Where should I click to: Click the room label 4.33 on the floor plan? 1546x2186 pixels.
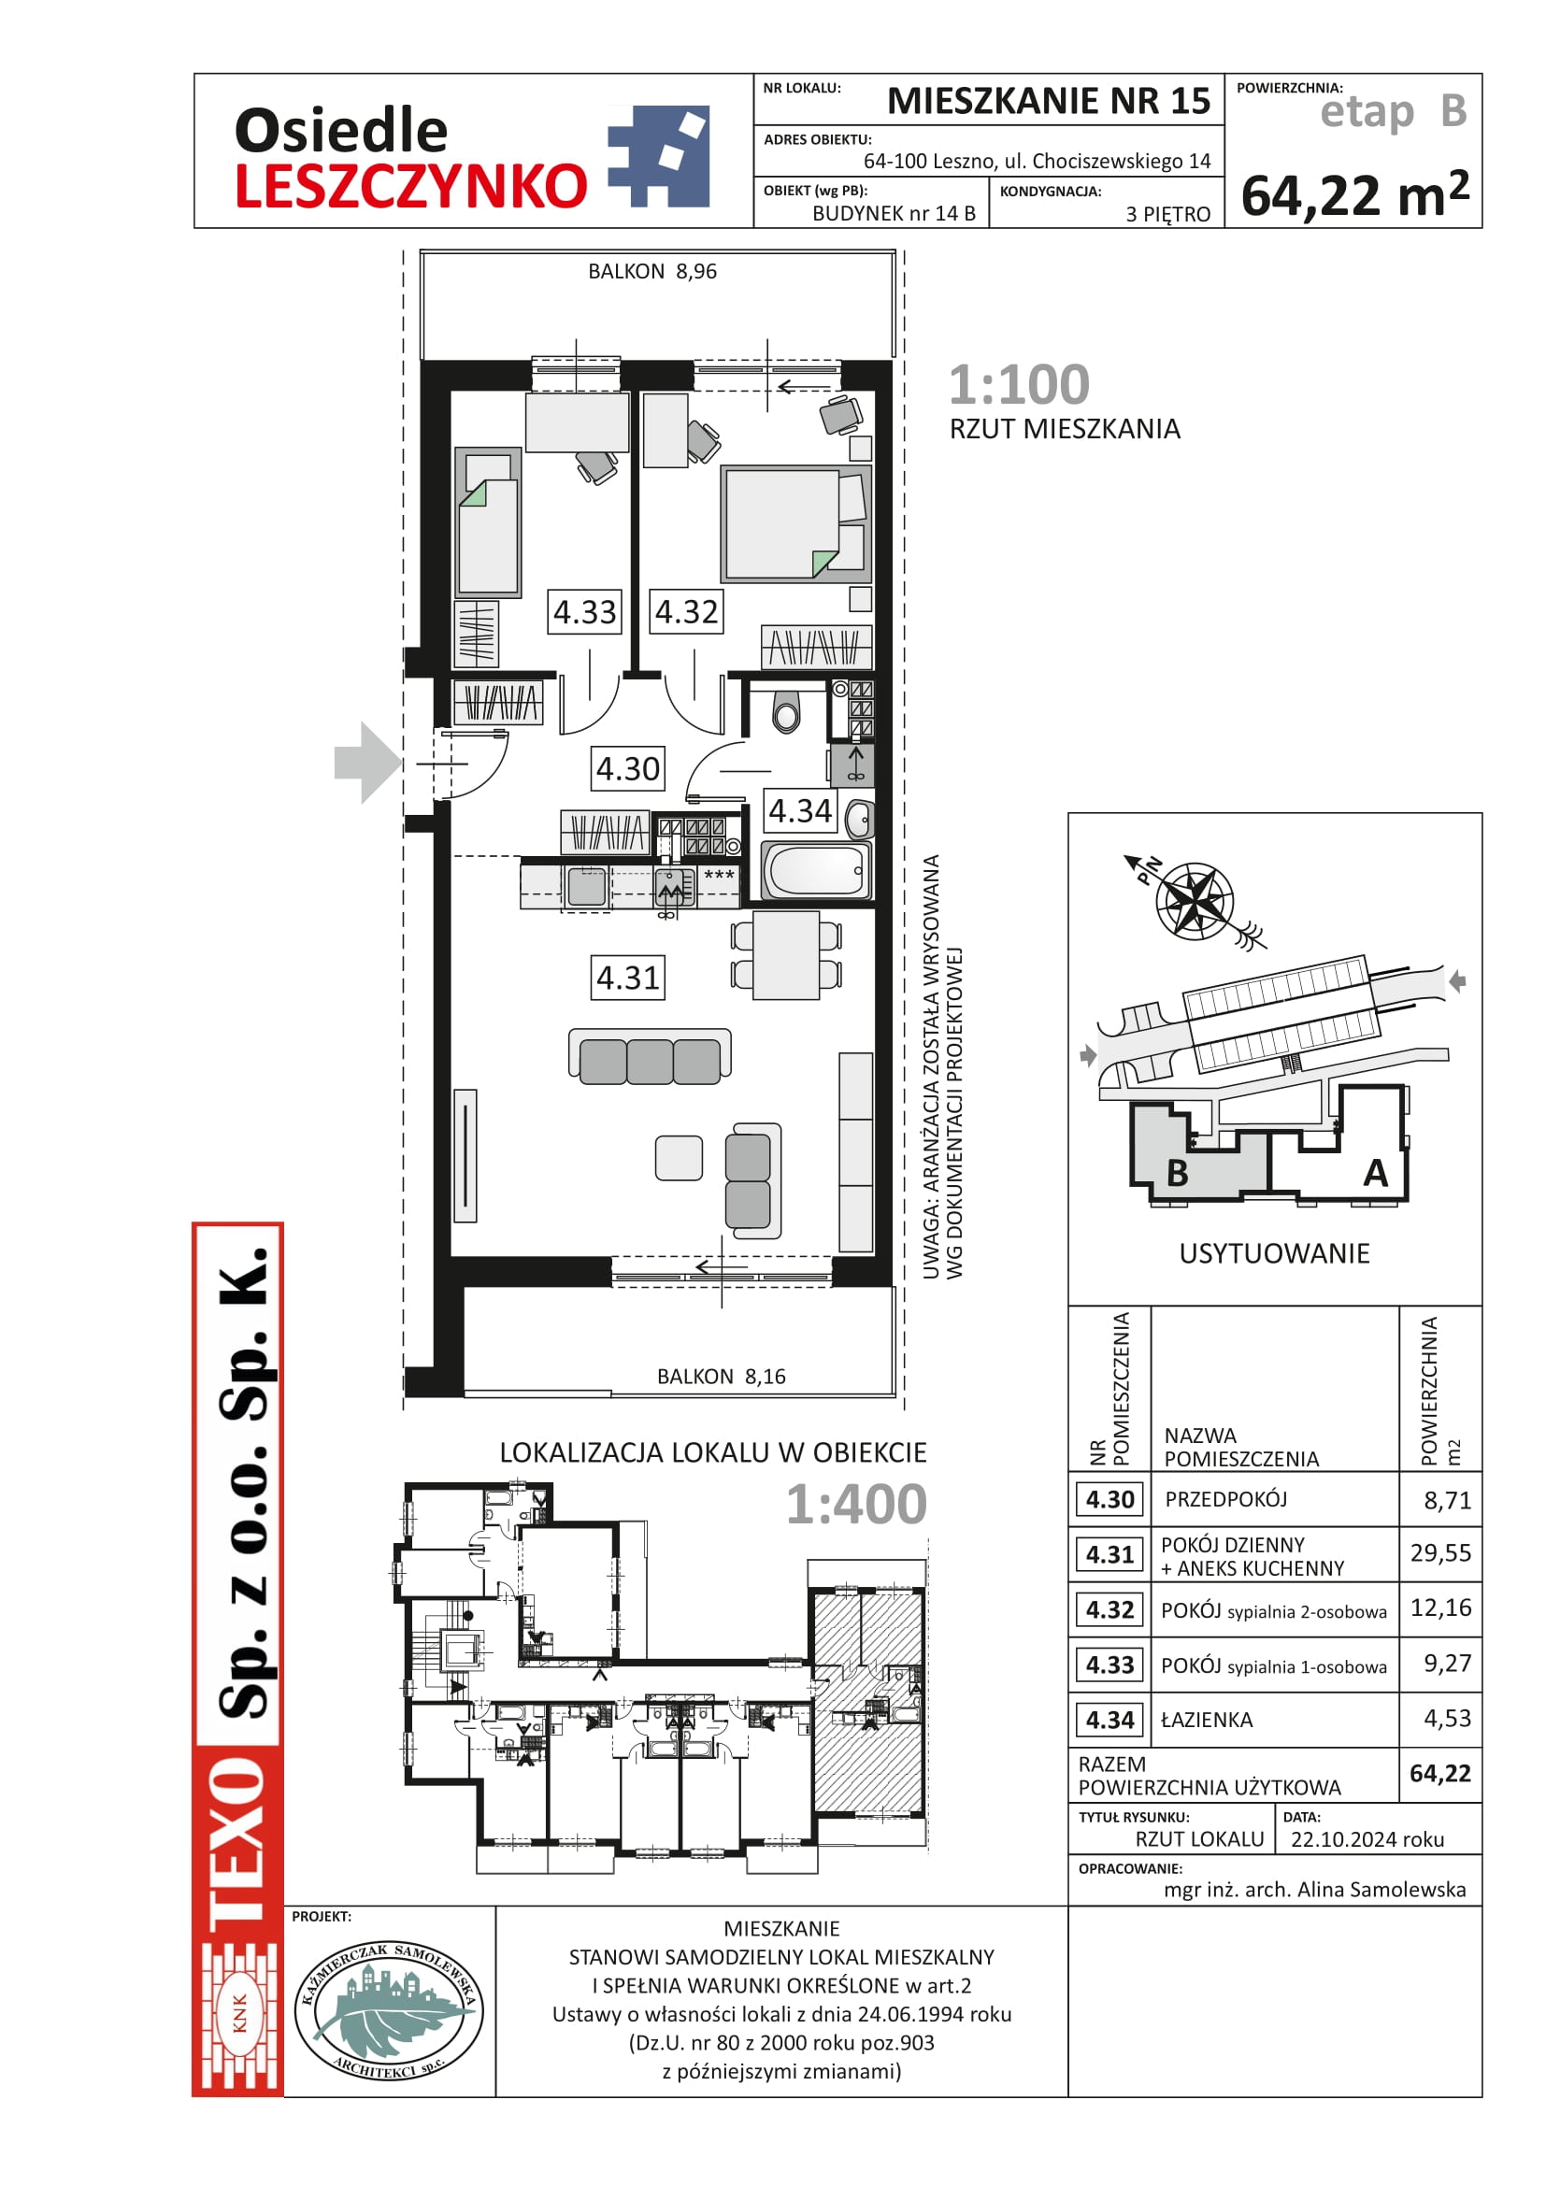584,611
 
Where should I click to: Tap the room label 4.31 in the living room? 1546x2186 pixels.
627,977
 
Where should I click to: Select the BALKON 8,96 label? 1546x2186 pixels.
652,271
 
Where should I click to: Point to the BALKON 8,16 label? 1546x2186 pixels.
721,1376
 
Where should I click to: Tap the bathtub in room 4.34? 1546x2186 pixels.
817,870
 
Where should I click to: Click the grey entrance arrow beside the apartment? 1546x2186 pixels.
367,763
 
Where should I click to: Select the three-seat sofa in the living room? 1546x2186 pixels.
651,1056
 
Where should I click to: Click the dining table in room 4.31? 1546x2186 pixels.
785,955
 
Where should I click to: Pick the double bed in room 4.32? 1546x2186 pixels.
795,523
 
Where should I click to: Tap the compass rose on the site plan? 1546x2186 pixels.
1195,900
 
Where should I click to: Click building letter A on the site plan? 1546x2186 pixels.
1375,1173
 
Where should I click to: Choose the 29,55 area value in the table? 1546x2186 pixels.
1440,1553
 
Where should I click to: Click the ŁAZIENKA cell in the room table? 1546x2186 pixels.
1206,1720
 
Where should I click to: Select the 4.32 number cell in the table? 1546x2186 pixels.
1110,1610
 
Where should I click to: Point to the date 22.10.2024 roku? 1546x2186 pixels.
1367,1839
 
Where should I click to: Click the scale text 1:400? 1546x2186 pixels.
856,1505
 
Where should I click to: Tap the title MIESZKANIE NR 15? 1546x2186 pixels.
1048,100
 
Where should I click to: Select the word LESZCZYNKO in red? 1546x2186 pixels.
410,186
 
